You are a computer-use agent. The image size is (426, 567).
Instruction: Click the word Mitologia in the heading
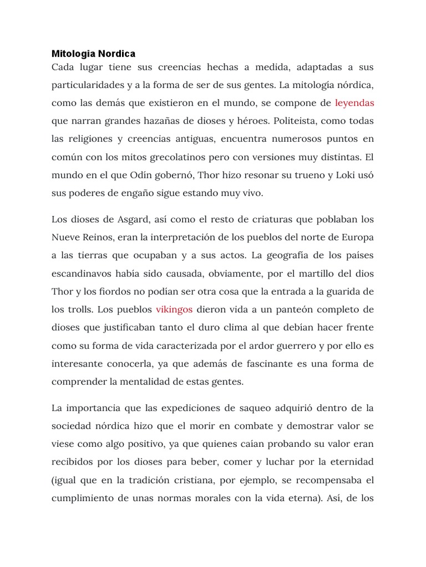click(x=73, y=54)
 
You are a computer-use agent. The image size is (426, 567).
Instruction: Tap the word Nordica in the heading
click(x=116, y=54)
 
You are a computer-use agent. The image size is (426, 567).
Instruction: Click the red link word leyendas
click(x=355, y=103)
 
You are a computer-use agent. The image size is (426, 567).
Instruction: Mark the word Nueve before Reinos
click(x=66, y=237)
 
